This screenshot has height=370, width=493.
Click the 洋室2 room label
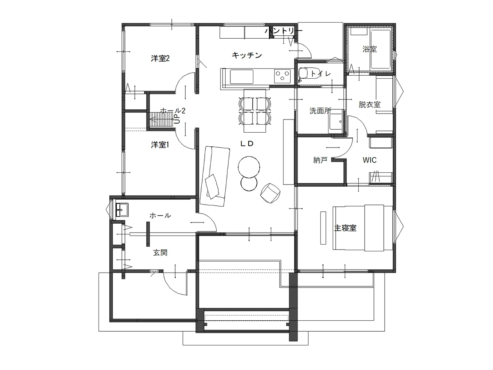tap(160, 58)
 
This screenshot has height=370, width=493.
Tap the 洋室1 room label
tap(160, 145)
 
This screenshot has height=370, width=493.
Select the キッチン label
tap(247, 55)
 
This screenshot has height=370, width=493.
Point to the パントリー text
tap(283, 31)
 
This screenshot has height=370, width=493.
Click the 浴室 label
tap(370, 49)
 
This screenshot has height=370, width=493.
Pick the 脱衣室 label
tap(370, 105)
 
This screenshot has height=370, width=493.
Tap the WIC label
tap(369, 160)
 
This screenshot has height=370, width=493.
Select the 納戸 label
tap(320, 160)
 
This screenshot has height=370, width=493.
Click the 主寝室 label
tap(345, 228)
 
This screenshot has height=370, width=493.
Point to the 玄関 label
tap(160, 252)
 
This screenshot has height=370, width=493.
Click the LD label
tap(247, 144)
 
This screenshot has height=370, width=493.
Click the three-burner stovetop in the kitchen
tap(282, 76)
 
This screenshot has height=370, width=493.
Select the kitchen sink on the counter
tap(241, 77)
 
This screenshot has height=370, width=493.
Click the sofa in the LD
tap(215, 176)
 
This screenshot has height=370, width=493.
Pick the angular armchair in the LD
tap(270, 193)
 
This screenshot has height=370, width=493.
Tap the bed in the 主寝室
tap(363, 228)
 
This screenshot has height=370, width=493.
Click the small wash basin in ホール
tap(122, 210)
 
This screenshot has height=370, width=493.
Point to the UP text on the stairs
tap(177, 119)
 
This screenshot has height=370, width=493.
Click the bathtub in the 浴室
tap(381, 49)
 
